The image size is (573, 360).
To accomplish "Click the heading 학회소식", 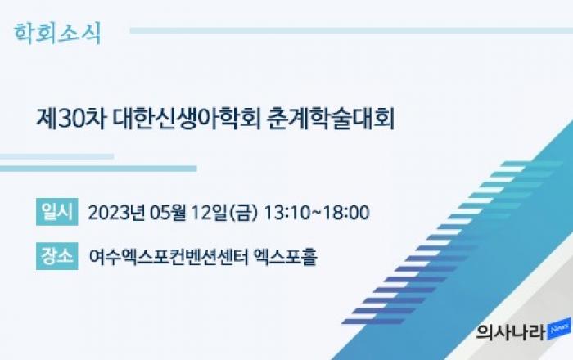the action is (57, 34).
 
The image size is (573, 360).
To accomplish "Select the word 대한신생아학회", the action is (187, 119).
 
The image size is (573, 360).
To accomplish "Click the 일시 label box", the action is (57, 212).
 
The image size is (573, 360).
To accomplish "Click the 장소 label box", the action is (57, 256).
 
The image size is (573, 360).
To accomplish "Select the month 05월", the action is (168, 213).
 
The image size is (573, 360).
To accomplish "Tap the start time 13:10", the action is (286, 213).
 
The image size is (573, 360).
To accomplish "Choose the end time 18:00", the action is (346, 213).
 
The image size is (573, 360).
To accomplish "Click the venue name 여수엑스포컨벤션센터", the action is (169, 257).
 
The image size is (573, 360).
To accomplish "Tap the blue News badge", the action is (559, 329).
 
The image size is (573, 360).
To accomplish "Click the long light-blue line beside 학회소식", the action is (351, 30).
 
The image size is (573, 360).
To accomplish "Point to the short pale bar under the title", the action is (56, 156).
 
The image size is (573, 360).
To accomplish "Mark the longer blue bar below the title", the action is (98, 169).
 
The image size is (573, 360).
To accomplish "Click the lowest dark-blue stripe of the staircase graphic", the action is (372, 322).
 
